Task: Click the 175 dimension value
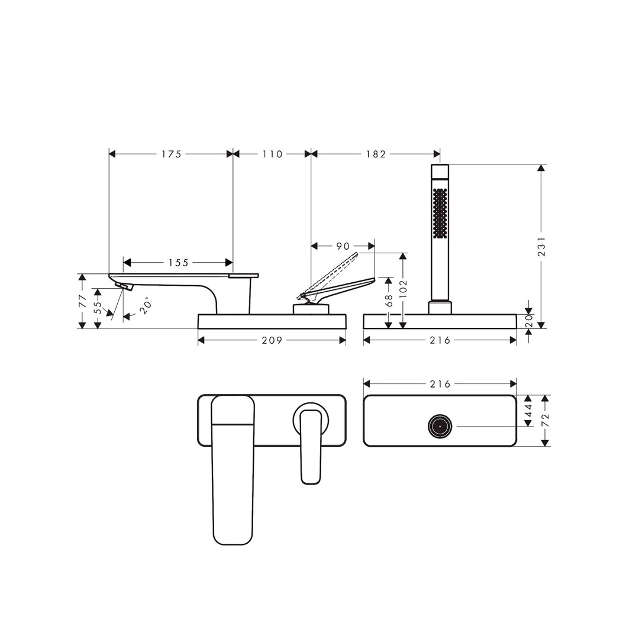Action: point(171,154)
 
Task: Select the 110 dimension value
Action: point(272,154)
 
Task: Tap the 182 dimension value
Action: point(376,154)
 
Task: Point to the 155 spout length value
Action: point(179,263)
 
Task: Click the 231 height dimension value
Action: point(541,247)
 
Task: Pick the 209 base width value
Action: point(272,340)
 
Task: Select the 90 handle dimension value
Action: point(343,246)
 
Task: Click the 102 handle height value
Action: point(403,289)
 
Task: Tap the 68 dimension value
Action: point(388,301)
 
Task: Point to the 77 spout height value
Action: point(83,301)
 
